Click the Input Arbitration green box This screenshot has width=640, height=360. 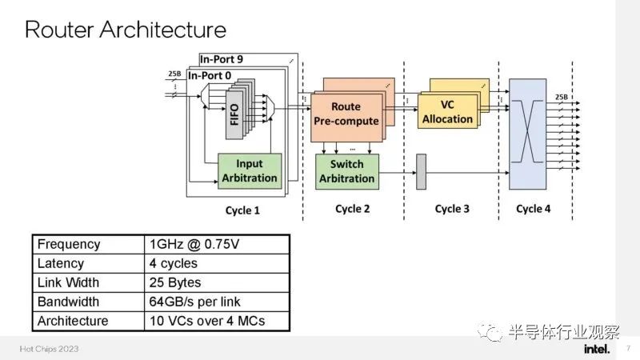250,171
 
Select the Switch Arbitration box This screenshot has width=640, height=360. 347,171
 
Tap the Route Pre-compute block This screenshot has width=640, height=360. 346,118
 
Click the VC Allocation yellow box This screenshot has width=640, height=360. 447,112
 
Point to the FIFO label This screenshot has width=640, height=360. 234,114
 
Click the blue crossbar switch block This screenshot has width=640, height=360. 527,134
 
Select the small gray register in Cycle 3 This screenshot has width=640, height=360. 421,172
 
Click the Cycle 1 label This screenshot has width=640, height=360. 242,210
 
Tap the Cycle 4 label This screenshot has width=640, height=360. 533,209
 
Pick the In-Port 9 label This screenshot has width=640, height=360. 222,59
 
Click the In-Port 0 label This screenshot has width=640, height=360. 210,75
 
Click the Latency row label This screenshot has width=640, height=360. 61,263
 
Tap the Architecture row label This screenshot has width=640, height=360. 73,321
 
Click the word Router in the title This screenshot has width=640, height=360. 59,30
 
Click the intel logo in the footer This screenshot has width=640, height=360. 597,349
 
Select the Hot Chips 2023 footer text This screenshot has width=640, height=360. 49,349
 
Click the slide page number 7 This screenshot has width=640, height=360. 629,348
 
